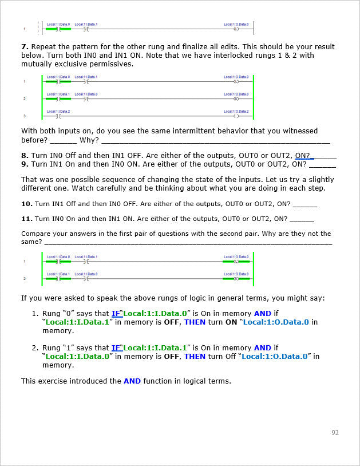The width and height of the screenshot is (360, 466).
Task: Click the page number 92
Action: [x=335, y=432]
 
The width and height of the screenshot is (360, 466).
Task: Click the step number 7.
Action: [x=23, y=47]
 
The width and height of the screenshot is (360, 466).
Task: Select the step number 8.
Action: [x=24, y=155]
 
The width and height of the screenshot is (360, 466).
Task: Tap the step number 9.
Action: [x=24, y=164]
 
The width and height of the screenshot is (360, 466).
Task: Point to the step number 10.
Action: [x=26, y=204]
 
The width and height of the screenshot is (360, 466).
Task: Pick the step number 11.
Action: [x=26, y=219]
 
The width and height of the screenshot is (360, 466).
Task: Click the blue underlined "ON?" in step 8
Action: [x=303, y=155]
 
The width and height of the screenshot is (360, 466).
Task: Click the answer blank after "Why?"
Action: [x=215, y=141]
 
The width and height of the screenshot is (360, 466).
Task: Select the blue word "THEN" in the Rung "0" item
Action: [x=195, y=322]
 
